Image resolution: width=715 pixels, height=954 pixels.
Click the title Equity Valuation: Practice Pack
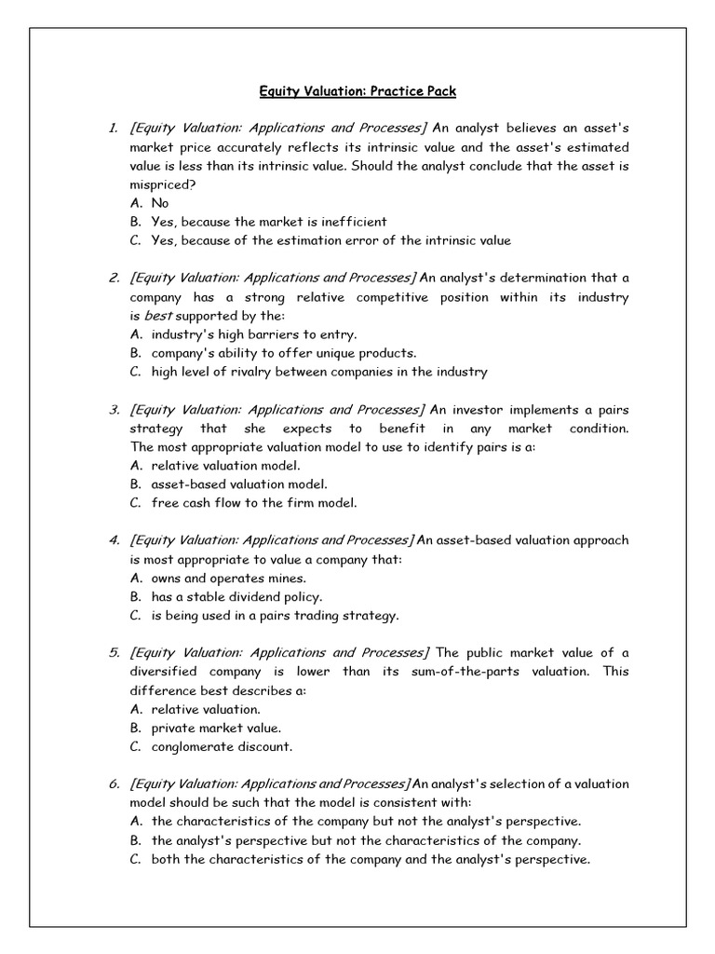point(357,91)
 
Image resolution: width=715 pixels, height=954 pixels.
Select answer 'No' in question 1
point(160,202)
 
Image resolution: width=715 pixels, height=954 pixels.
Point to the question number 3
point(114,409)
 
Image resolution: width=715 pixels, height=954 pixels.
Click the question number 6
point(114,784)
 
